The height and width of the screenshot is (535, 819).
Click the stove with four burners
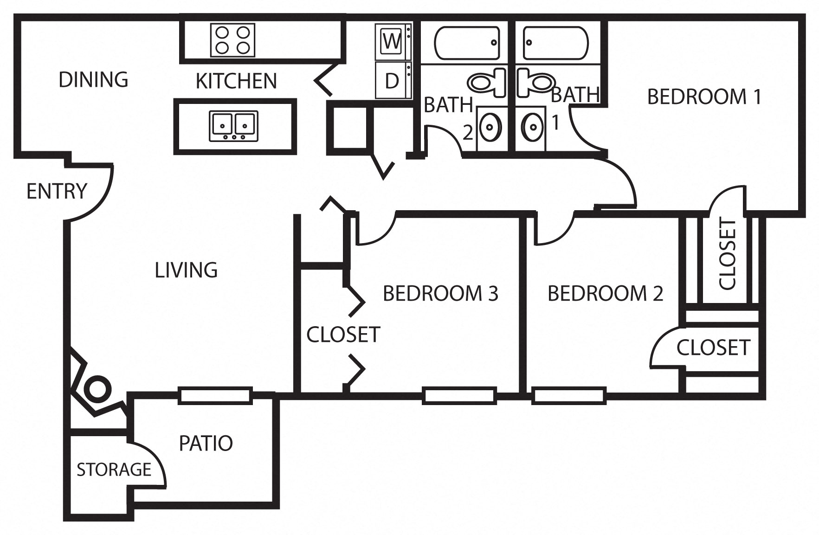(x=233, y=40)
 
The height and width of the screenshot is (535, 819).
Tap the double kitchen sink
(x=233, y=126)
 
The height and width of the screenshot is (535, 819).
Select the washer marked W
(x=392, y=42)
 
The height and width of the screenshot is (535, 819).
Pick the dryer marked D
(x=392, y=81)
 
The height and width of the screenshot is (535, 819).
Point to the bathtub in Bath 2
(x=467, y=43)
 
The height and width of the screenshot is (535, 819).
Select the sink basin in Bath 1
(x=532, y=126)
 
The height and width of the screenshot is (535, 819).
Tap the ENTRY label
(x=57, y=191)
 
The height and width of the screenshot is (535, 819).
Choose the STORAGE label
(x=114, y=470)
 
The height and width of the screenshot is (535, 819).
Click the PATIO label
(x=206, y=443)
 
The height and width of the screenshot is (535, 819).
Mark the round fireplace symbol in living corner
(x=98, y=389)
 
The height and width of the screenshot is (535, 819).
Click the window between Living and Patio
(x=215, y=395)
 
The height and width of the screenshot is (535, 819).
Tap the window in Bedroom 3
(x=459, y=395)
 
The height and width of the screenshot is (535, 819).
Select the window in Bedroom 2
(x=569, y=395)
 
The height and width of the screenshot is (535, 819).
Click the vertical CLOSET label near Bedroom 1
(x=727, y=254)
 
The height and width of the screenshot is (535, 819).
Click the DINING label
(x=93, y=79)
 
